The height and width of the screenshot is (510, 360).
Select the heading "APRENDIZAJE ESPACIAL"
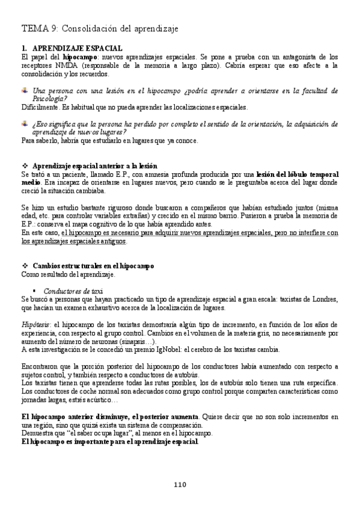coord(78,48)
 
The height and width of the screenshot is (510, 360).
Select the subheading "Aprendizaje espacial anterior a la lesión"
coord(94,165)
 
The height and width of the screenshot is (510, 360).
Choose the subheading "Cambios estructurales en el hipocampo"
coord(93,265)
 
